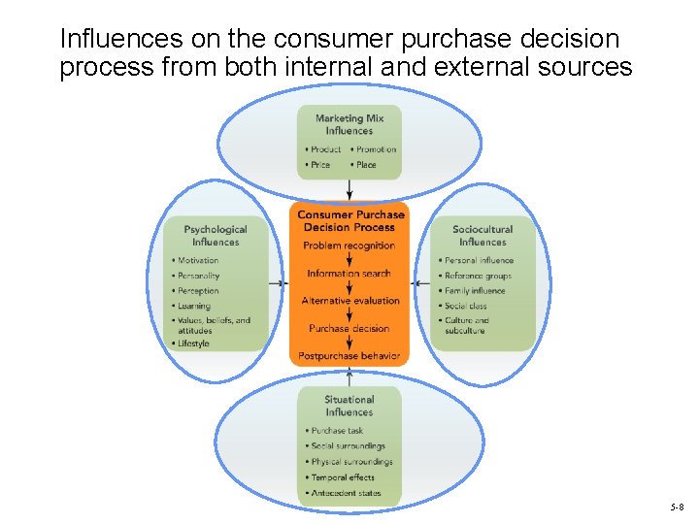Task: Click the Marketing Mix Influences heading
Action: [349, 124]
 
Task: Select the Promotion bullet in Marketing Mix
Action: [376, 149]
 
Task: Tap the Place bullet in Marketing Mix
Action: [366, 165]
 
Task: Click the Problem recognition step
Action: [349, 246]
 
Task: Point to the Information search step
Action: [349, 274]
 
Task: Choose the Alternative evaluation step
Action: [350, 301]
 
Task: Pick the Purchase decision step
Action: [349, 328]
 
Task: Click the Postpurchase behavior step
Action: [349, 356]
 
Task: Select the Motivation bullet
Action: [198, 260]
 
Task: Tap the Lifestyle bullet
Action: [193, 344]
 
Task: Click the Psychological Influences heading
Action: [216, 236]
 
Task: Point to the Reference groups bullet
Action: [478, 276]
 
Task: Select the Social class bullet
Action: [466, 306]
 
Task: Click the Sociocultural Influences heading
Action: [483, 236]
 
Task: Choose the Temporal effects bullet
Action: [343, 477]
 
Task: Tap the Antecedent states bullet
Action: [346, 493]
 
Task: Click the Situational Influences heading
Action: [349, 405]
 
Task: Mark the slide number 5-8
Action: [677, 508]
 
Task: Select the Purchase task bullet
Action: [337, 430]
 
